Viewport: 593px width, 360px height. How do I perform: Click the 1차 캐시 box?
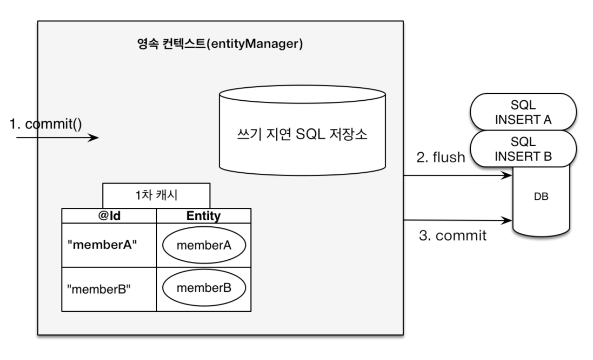[x=156, y=196]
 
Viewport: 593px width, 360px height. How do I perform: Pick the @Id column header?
[x=109, y=216]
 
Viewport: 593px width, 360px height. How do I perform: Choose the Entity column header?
[x=204, y=216]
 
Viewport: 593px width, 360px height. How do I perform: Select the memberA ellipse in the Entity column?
[x=204, y=245]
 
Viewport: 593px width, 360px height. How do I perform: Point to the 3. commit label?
[x=452, y=236]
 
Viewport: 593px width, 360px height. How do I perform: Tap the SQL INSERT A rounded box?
[x=523, y=112]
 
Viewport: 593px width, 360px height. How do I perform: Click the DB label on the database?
[x=541, y=198]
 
